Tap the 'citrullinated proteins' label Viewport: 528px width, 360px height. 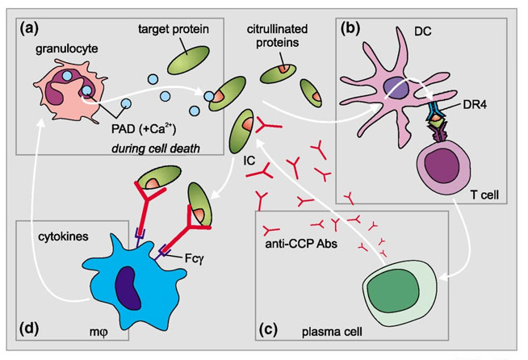pyautogui.click(x=279, y=34)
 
